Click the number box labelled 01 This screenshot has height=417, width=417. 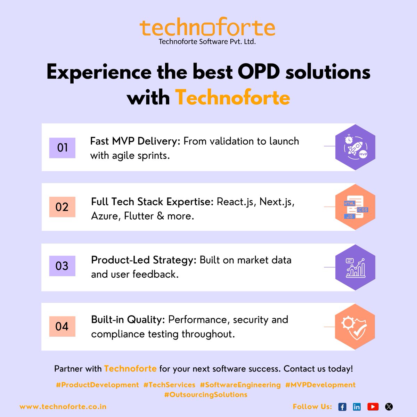[x=62, y=148]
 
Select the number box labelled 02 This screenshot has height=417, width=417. [x=62, y=207]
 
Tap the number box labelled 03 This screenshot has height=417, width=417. [x=62, y=266]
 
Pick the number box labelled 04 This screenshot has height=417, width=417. [x=62, y=326]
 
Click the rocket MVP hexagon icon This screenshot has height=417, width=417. [x=355, y=147]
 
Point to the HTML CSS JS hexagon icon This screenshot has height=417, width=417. [x=355, y=207]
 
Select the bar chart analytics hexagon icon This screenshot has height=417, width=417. [x=355, y=267]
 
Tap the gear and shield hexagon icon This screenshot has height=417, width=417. [x=355, y=327]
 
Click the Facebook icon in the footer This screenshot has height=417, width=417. [x=342, y=407]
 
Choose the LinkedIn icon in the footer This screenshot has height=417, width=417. [x=357, y=407]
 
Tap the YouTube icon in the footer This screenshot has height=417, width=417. [x=373, y=407]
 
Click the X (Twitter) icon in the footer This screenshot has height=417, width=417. [x=389, y=407]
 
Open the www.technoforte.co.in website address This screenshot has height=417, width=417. [x=63, y=407]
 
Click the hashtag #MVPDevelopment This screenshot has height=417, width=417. [x=320, y=385]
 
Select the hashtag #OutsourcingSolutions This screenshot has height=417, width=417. [x=206, y=395]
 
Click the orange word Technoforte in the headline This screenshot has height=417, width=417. [x=232, y=97]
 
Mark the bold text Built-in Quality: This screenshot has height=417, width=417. [x=128, y=320]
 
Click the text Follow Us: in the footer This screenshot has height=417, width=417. [x=312, y=407]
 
